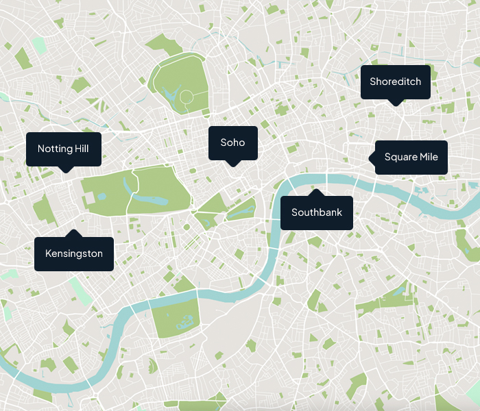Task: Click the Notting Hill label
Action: click(x=64, y=149)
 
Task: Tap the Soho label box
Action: click(x=232, y=142)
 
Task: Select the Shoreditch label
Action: click(x=395, y=82)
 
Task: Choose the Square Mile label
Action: click(x=411, y=158)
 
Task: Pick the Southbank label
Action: click(x=316, y=212)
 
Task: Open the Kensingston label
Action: click(x=74, y=253)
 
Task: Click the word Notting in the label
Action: click(x=52, y=149)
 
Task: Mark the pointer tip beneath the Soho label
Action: click(x=232, y=164)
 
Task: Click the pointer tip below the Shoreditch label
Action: click(x=395, y=103)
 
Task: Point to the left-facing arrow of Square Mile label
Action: click(x=372, y=158)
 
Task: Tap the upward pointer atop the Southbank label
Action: click(x=316, y=192)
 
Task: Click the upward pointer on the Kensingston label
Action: click(x=74, y=233)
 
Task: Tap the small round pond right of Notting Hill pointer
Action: click(x=101, y=196)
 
